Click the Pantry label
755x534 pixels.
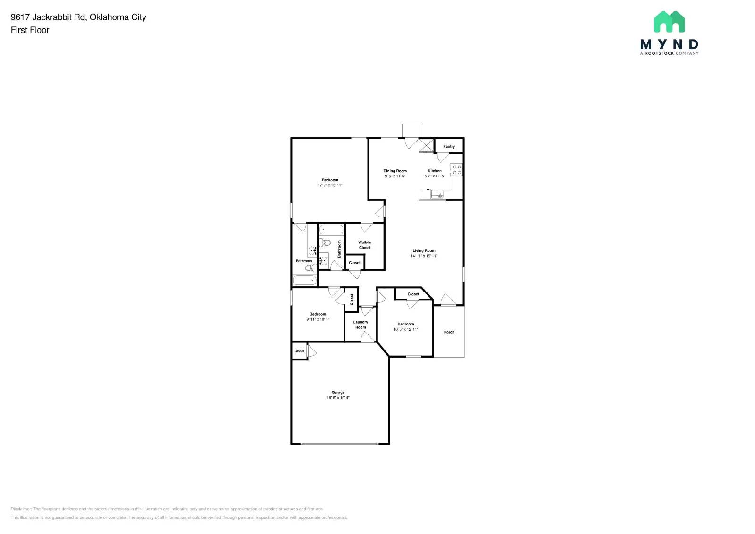[449, 146]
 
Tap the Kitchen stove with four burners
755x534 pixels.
[457, 170]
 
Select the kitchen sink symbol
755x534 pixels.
[437, 193]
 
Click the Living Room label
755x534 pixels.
[424, 251]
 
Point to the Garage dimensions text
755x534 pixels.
[338, 398]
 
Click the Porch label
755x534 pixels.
[449, 332]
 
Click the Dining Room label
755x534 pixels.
[395, 171]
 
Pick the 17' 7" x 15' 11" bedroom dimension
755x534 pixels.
[330, 185]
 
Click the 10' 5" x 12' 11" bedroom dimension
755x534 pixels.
[406, 329]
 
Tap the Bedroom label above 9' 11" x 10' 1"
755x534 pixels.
[318, 314]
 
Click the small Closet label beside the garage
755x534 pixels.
[299, 351]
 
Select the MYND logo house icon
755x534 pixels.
[669, 22]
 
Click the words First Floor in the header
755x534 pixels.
[30, 30]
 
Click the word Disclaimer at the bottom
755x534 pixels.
[21, 509]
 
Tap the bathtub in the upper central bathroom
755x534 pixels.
[331, 230]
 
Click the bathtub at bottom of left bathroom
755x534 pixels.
[304, 281]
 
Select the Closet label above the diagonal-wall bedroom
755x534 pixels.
[413, 294]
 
